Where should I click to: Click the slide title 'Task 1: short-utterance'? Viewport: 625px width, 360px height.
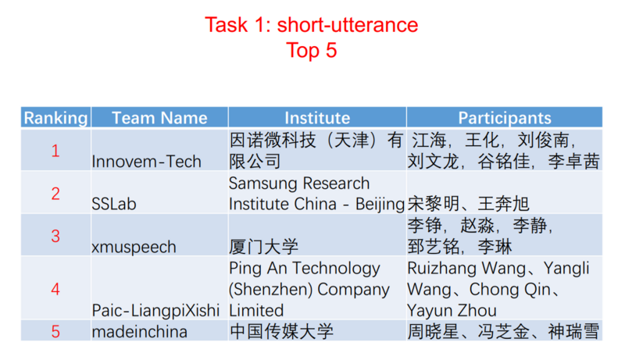click(311, 24)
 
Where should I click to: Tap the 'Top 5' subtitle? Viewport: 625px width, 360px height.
click(312, 51)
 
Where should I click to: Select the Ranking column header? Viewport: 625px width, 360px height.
click(55, 118)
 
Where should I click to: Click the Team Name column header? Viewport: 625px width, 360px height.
click(159, 118)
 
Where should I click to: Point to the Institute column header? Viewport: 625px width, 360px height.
click(316, 118)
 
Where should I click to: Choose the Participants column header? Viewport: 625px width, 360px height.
click(504, 118)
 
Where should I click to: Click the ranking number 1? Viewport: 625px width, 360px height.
click(55, 151)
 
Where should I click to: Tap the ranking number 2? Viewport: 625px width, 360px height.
click(55, 194)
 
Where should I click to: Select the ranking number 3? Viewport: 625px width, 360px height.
click(55, 236)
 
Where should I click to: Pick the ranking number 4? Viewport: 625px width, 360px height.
click(55, 289)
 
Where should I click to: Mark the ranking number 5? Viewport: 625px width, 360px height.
click(55, 331)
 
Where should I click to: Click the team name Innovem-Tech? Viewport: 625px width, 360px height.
click(146, 162)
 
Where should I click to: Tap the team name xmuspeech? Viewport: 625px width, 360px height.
click(134, 247)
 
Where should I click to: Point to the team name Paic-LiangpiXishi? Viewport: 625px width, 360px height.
click(155, 310)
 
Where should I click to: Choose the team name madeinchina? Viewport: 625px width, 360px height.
click(139, 331)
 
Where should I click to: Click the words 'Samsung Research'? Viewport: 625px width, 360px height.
click(299, 184)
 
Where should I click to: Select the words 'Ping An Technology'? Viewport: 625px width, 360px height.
click(304, 268)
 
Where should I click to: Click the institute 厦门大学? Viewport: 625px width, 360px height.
click(264, 247)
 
